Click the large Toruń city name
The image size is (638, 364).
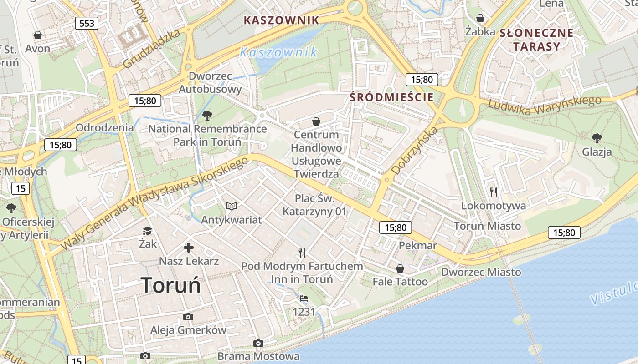tap(171, 285)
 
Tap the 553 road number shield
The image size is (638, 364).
tap(87, 23)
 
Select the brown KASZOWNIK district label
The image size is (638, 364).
tap(281, 20)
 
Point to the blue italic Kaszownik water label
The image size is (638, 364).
tap(279, 52)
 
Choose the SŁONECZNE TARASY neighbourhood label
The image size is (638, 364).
tap(536, 40)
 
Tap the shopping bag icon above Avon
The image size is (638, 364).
tap(38, 35)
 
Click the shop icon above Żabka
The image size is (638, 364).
tap(480, 18)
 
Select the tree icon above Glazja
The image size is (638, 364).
tap(597, 138)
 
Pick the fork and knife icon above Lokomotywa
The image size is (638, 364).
tap(494, 192)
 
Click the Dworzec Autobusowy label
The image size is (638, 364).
tap(210, 83)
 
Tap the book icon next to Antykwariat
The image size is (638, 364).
tap(232, 207)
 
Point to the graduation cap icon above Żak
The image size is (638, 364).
tap(147, 231)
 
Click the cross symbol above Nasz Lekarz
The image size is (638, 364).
tap(189, 248)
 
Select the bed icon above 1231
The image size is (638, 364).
tap(304, 298)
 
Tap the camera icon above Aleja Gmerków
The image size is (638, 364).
tap(188, 317)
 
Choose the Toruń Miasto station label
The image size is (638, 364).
tap(487, 226)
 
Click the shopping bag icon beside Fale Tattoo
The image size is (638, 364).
tap(400, 268)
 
